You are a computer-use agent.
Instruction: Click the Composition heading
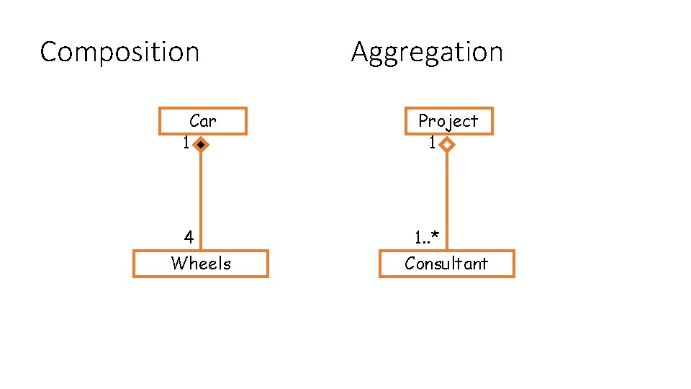[x=119, y=53]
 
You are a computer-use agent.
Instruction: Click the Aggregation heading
[x=427, y=53]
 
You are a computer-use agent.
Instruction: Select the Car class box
[x=203, y=121]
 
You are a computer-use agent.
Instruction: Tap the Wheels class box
[x=201, y=264]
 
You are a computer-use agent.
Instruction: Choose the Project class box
[x=448, y=121]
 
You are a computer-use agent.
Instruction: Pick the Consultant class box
[x=446, y=264]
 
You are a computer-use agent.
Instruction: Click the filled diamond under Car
[x=201, y=145]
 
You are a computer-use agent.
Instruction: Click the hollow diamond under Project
[x=447, y=145]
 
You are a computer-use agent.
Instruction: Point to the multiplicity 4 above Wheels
[x=189, y=237]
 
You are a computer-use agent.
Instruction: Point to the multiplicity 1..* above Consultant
[x=426, y=237]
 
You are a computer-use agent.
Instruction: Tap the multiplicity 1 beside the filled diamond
[x=186, y=144]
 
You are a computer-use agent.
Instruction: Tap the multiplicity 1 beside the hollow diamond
[x=432, y=144]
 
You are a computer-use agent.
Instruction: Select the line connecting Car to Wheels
[x=201, y=194]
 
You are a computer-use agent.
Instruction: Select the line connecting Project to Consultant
[x=447, y=194]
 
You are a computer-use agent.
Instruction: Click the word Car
[x=203, y=121]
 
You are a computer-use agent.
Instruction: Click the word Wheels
[x=201, y=264]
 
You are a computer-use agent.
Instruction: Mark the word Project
[x=448, y=121]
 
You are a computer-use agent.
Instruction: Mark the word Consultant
[x=446, y=264]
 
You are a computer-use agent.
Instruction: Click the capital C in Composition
[x=49, y=53]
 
